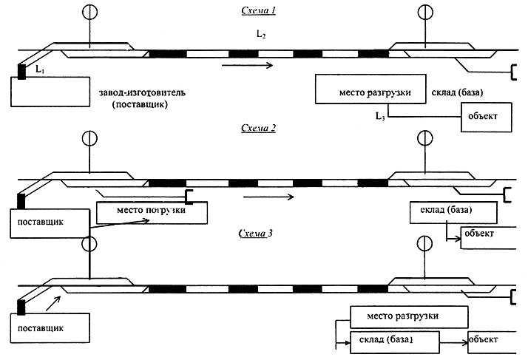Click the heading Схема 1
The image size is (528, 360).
pyautogui.click(x=259, y=11)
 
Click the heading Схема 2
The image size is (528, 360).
pyautogui.click(x=259, y=128)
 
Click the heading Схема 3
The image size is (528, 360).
pyautogui.click(x=256, y=234)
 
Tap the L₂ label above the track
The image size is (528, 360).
pyautogui.click(x=261, y=34)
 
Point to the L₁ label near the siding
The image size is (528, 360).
pyautogui.click(x=40, y=69)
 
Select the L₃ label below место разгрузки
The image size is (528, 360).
pyautogui.click(x=380, y=116)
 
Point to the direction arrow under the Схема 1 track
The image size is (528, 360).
pyautogui.click(x=247, y=65)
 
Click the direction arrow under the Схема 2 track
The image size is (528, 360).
pyautogui.click(x=268, y=197)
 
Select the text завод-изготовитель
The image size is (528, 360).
pyautogui.click(x=142, y=92)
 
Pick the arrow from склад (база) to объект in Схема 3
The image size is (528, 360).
pyautogui.click(x=453, y=343)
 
